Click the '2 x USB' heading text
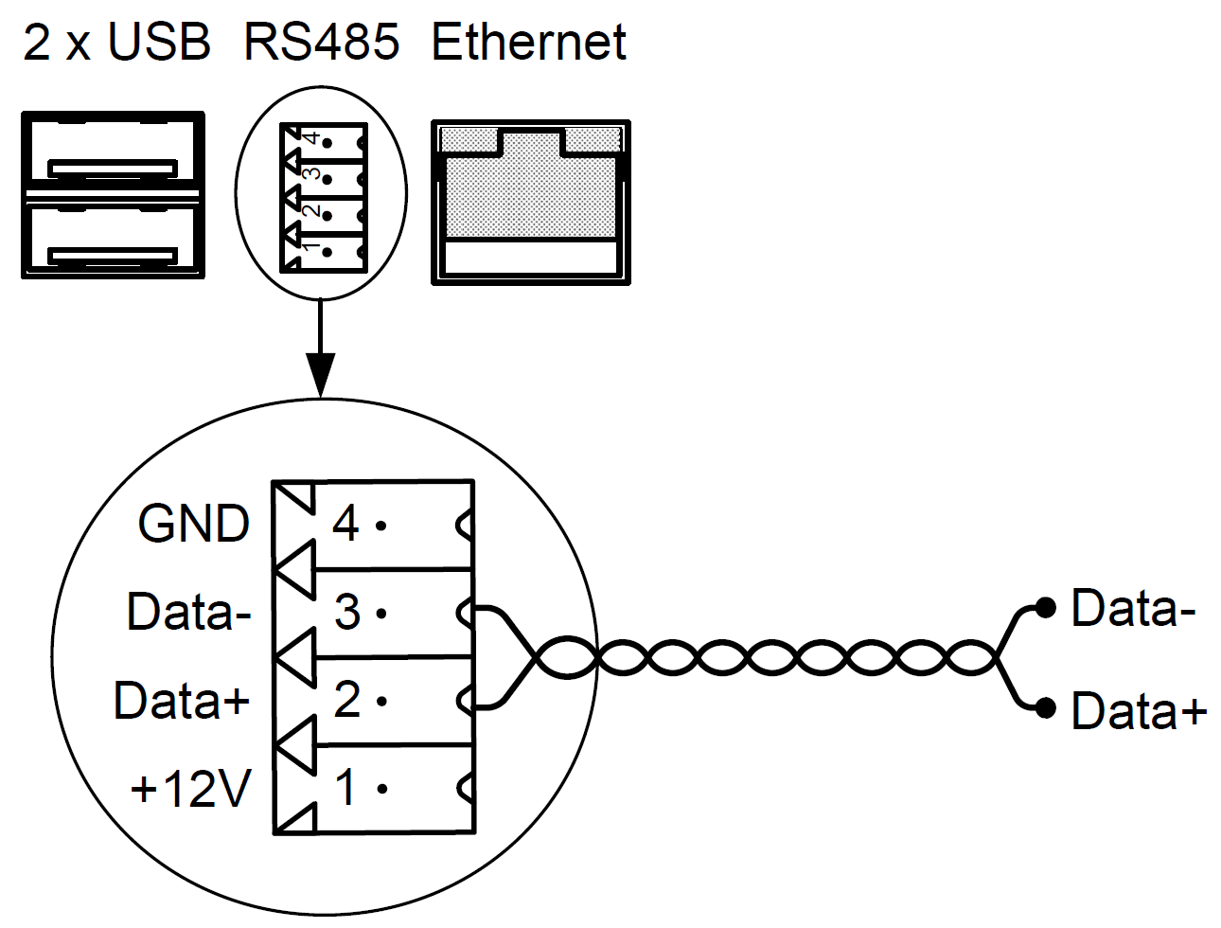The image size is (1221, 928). tap(116, 43)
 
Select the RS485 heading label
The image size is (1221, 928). tap(322, 43)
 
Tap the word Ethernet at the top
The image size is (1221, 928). tap(529, 43)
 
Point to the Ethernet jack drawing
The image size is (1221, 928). tap(530, 202)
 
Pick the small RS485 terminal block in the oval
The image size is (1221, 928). tap(323, 196)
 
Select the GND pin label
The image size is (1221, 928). tap(194, 524)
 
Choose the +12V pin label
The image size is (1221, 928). tap(191, 789)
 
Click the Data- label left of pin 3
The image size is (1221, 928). tap(189, 612)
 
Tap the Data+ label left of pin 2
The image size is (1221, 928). tap(182, 701)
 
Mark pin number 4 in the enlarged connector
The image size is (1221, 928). tap(345, 524)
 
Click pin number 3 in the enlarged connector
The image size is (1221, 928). tap(346, 612)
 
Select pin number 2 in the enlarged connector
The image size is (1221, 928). tap(346, 700)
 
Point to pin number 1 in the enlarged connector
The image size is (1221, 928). tap(346, 788)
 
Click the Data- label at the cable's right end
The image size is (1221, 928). tap(1133, 608)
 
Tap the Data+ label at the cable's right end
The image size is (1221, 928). tap(1139, 711)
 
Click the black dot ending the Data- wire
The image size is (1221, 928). tap(1045, 607)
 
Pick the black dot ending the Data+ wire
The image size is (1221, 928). tap(1045, 707)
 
